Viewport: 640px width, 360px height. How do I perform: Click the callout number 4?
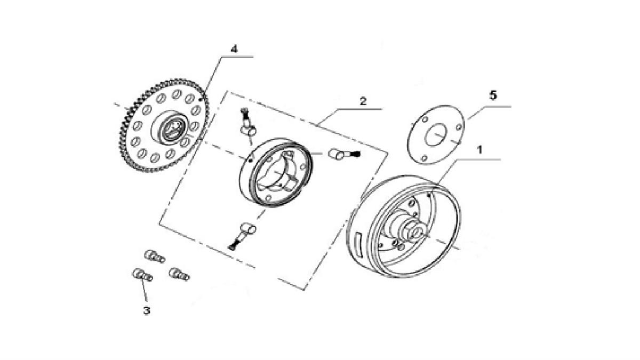click(x=234, y=49)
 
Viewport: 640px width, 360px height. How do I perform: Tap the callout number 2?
click(x=363, y=101)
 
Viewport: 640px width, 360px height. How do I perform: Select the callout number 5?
click(x=493, y=95)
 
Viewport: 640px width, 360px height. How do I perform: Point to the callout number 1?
click(x=479, y=150)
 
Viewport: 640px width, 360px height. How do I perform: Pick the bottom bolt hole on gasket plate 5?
click(x=423, y=157)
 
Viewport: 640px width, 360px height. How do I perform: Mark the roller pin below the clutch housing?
click(x=247, y=230)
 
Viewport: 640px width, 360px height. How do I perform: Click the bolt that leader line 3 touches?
click(x=141, y=275)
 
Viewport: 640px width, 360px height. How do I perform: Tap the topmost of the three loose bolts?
click(x=154, y=256)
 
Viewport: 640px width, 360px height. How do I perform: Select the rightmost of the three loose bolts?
click(x=178, y=274)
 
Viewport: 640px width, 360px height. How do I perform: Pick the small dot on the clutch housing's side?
click(x=250, y=159)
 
